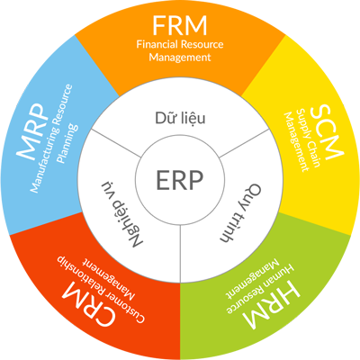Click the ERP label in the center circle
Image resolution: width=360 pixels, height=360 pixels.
click(x=180, y=180)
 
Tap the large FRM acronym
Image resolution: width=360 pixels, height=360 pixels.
click(x=180, y=25)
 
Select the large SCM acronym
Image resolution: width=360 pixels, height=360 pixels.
click(x=327, y=132)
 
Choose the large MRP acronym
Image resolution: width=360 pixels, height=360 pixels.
click(x=33, y=132)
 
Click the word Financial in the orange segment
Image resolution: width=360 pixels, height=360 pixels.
click(x=157, y=44)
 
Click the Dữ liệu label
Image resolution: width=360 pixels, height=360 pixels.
click(x=180, y=118)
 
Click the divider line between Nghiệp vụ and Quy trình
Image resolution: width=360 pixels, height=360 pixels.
click(x=180, y=254)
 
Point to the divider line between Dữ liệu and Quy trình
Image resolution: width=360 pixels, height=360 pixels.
click(x=244, y=143)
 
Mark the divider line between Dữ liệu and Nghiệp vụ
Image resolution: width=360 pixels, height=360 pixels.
click(x=116, y=143)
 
